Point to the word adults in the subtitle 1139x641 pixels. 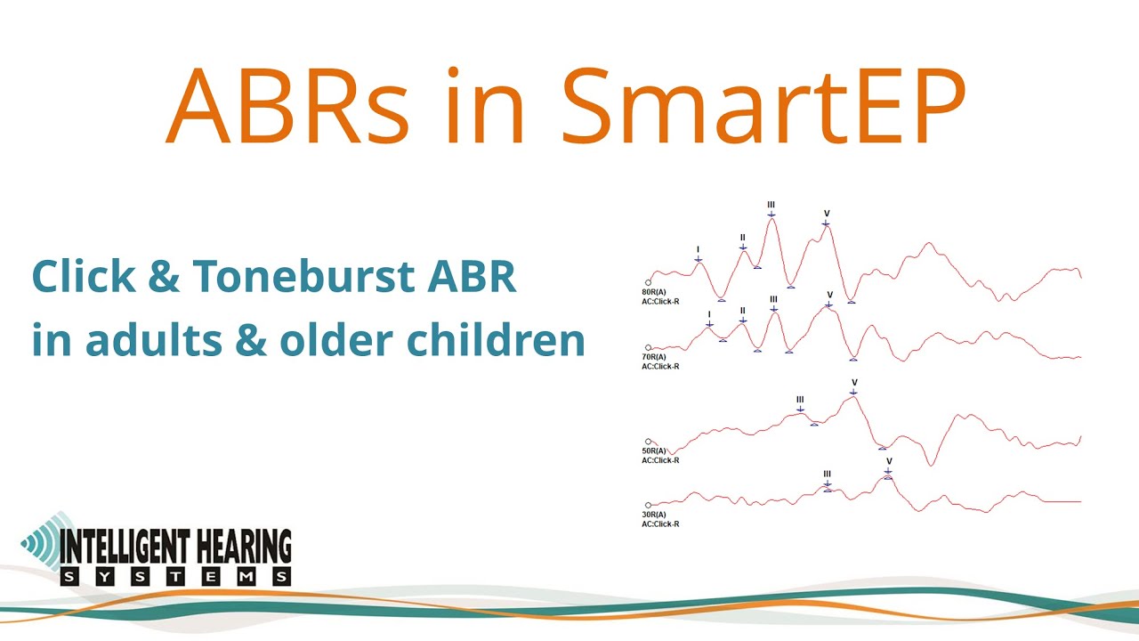click(x=140, y=340)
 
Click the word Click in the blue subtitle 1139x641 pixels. click(x=79, y=278)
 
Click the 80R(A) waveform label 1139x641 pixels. click(x=654, y=291)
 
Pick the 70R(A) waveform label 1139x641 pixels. click(x=654, y=357)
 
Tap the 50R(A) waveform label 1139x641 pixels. click(x=654, y=451)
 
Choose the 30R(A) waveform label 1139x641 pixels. click(x=654, y=515)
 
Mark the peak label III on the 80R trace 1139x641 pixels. click(x=771, y=205)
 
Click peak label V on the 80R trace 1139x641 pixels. click(x=827, y=214)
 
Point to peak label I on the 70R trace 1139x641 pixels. click(x=709, y=314)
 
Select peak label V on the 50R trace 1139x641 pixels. click(x=854, y=383)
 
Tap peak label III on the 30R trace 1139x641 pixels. click(x=828, y=475)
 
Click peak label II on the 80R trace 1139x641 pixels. click(x=743, y=238)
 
